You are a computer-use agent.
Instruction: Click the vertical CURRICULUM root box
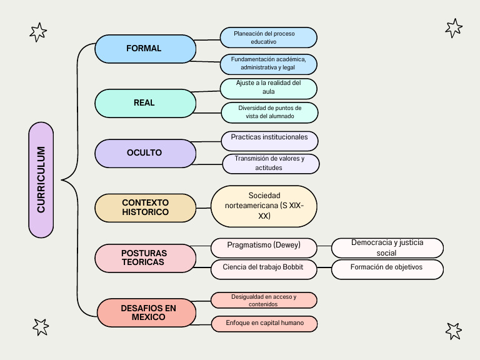(41, 180)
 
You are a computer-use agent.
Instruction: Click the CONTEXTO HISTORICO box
(145, 207)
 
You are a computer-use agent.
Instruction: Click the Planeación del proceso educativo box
(268, 37)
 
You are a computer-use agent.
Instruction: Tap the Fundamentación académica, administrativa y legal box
(268, 64)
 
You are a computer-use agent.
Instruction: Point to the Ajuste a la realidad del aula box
(269, 87)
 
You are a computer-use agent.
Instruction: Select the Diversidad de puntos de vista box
(269, 112)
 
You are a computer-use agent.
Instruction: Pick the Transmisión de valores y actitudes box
(271, 163)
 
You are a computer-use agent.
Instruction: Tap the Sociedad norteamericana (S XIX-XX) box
(264, 206)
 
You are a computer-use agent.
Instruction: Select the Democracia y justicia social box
(387, 247)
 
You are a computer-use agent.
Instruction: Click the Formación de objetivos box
(387, 269)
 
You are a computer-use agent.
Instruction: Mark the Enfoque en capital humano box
(264, 324)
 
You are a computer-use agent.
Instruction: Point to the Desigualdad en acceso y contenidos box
(264, 301)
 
